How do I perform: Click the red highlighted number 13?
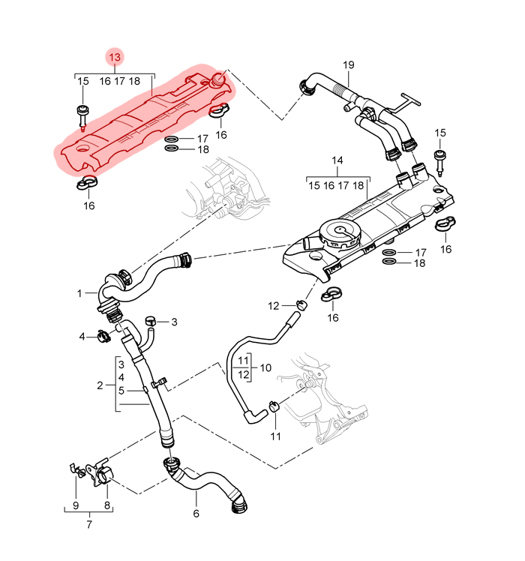point(115,58)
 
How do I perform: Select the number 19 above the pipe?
point(349,64)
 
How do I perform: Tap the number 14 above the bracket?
point(337,161)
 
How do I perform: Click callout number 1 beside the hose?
point(79,293)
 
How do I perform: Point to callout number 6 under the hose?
point(196,514)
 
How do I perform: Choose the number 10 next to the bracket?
point(266,367)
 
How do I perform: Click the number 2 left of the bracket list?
point(100,386)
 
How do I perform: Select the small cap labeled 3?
point(151,322)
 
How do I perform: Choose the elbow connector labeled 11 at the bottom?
point(274,409)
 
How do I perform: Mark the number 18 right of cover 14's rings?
point(419,263)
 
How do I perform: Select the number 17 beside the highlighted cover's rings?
point(202,139)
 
